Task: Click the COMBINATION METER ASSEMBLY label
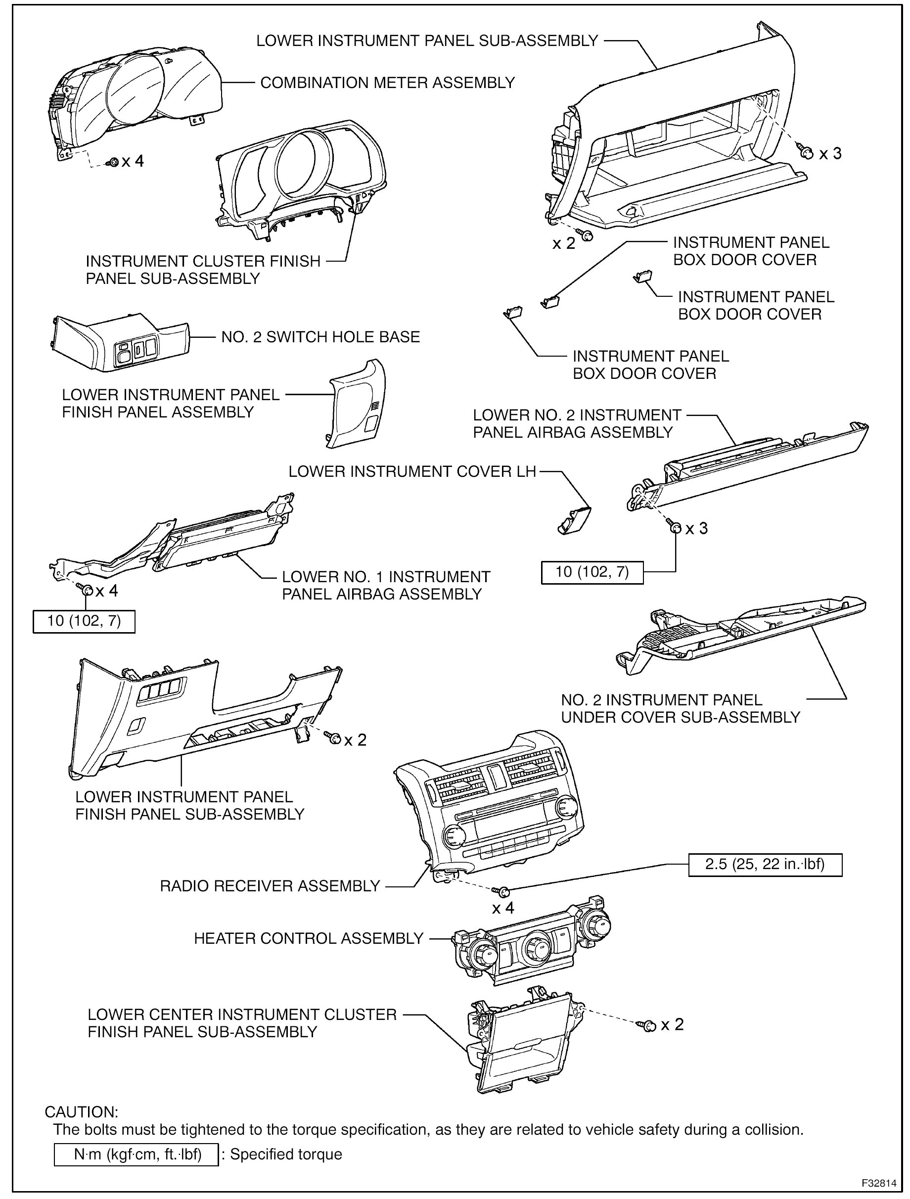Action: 387,83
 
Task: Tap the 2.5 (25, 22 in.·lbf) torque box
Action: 765,865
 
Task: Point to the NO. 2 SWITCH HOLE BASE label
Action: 320,337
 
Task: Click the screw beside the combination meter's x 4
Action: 114,162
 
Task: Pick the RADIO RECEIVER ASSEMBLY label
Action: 270,886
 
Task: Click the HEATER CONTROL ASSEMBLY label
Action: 309,938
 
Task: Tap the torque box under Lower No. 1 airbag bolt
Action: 84,621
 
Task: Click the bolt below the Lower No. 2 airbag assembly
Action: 675,527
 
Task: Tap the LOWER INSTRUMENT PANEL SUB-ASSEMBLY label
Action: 427,41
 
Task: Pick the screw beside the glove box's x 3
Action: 806,153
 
